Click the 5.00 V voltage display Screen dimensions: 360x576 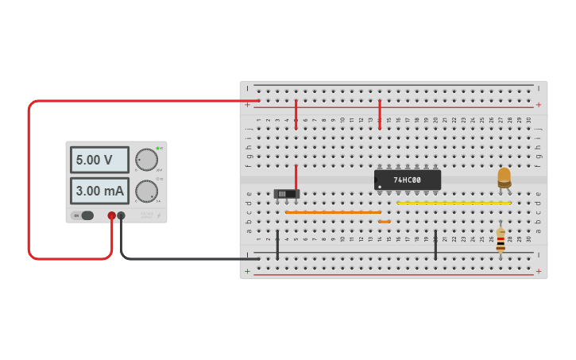(x=99, y=160)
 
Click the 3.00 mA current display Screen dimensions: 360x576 (x=99, y=191)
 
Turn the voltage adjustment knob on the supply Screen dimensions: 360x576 (x=145, y=159)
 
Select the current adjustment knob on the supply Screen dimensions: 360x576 (x=145, y=191)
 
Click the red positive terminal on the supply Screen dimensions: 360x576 (x=111, y=215)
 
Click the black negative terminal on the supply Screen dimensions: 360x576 (x=122, y=215)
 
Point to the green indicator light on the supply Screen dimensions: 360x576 (x=158, y=149)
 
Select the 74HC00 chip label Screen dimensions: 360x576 (x=407, y=180)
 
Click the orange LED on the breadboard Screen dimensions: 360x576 (x=504, y=177)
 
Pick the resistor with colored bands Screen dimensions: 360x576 (x=500, y=241)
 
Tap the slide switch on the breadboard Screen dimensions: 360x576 (x=286, y=193)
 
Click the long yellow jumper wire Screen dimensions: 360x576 (x=453, y=203)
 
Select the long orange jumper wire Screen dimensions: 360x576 (x=333, y=212)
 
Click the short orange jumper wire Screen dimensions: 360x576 (x=385, y=222)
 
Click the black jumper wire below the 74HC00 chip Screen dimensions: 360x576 (x=435, y=245)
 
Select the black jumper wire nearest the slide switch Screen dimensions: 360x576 (x=277, y=245)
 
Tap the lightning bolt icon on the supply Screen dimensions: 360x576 (x=158, y=215)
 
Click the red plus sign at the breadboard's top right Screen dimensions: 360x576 (x=539, y=105)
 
